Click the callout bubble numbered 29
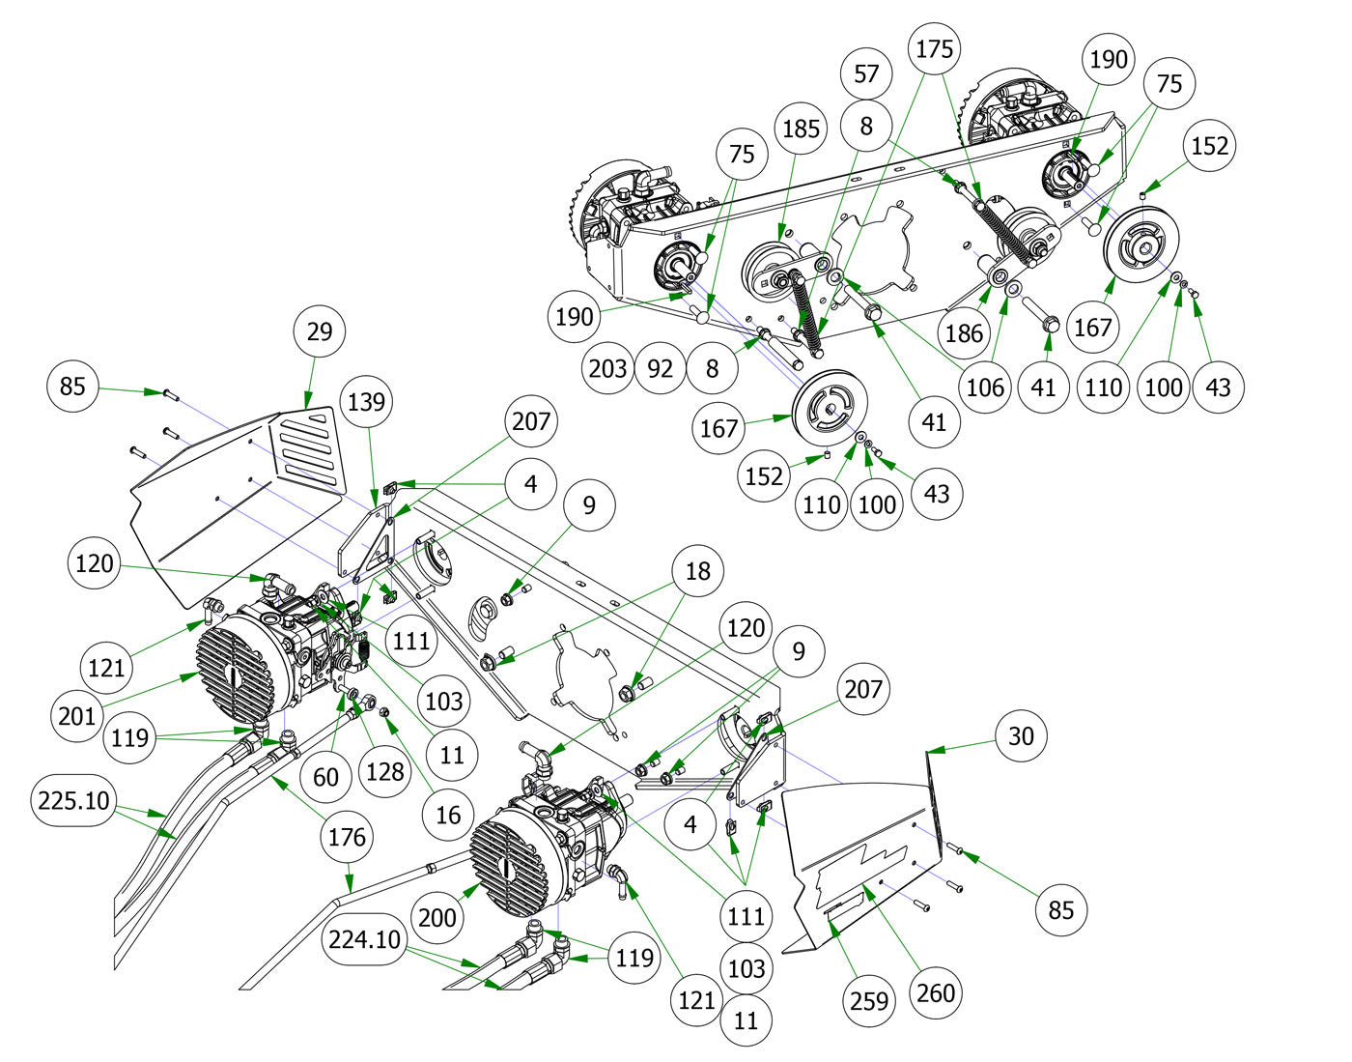click(x=320, y=331)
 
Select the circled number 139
click(x=366, y=401)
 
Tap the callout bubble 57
click(x=866, y=73)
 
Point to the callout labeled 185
click(x=801, y=129)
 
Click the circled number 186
click(x=964, y=333)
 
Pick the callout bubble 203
click(x=608, y=368)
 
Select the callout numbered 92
click(x=661, y=368)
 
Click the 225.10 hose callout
click(x=73, y=800)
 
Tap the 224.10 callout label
click(x=365, y=938)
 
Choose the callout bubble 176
click(x=347, y=836)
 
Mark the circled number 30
click(x=1021, y=736)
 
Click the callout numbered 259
click(x=868, y=1001)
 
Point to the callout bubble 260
click(x=935, y=992)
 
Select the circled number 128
click(x=385, y=770)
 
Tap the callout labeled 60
click(x=326, y=776)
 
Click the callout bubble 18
click(x=696, y=571)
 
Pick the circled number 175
click(x=934, y=49)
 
